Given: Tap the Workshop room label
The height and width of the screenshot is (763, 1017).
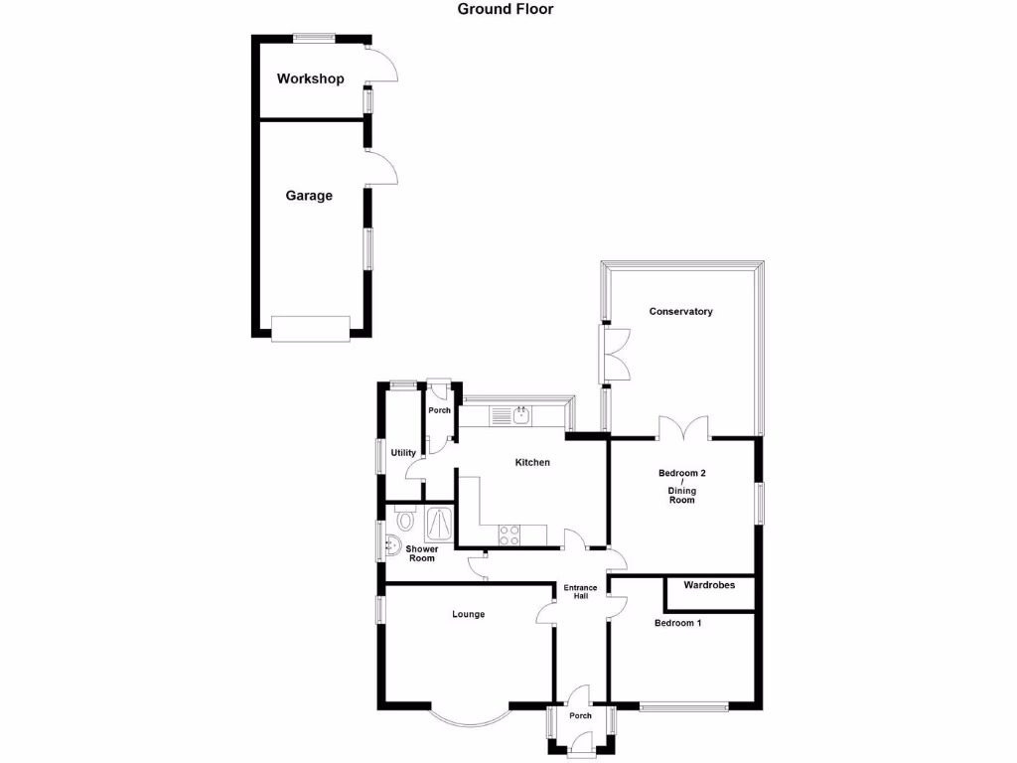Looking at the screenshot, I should point(310,78).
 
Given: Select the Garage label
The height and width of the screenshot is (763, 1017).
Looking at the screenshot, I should point(309,196).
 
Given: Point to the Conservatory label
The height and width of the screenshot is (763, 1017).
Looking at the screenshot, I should point(680,312).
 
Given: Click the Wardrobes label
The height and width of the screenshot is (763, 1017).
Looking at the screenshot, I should point(709,585).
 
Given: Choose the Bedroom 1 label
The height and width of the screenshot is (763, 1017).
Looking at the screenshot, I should point(677,623).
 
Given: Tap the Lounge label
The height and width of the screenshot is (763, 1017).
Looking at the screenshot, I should point(468,614).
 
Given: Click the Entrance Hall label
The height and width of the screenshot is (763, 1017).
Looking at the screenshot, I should point(581,592).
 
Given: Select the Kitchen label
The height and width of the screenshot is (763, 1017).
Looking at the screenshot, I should point(532,462).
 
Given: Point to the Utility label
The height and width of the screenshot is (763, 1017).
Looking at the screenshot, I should point(403,453).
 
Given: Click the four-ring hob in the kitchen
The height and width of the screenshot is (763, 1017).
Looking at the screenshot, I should point(509,534).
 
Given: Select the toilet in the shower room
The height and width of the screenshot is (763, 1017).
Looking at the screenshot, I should point(404,519).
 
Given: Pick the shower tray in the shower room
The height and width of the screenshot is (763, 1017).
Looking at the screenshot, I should point(438,523).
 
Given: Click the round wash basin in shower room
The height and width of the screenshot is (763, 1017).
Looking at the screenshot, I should point(394,544).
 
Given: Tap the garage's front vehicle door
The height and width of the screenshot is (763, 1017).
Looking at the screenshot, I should point(310,328).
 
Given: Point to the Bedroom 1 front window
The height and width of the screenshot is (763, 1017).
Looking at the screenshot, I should point(684,707).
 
